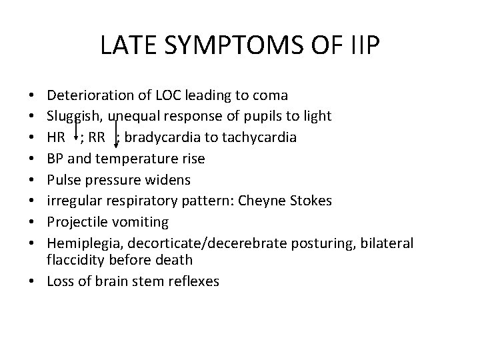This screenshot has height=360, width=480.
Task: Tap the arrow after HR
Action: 77,131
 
